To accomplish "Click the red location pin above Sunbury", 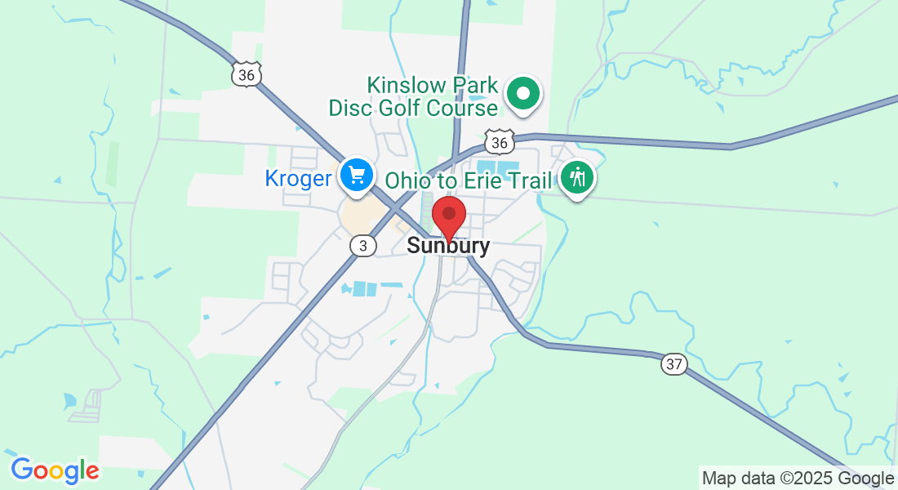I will pos(448,215).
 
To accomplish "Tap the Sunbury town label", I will pos(448,246).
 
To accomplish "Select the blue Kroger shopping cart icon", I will pos(357,175).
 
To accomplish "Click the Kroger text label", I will pos(298,179).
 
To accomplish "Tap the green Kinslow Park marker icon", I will pos(523,94).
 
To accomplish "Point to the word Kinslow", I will pos(404,84).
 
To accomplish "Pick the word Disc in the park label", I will pos(348,108).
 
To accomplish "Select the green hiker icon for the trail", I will pos(578,176).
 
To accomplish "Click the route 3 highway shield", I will pos(362,245).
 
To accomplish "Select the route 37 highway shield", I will pos(673,364).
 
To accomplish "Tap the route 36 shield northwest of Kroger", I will pos(246,75).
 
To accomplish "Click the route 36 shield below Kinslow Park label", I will pos(499,143).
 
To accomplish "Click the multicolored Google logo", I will pos(55,470).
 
